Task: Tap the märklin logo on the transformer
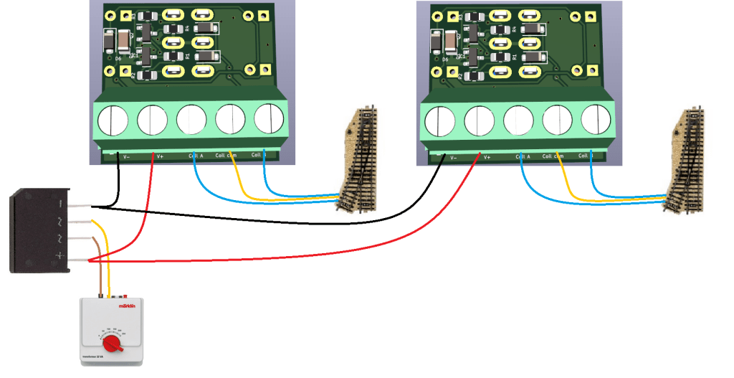(x=127, y=306)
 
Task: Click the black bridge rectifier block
(x=39, y=231)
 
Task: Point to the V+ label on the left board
(x=159, y=156)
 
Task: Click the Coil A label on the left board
(x=196, y=156)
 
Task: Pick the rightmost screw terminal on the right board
(x=595, y=118)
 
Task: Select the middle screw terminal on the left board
(x=191, y=119)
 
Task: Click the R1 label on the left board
(x=188, y=56)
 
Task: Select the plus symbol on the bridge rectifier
(x=60, y=256)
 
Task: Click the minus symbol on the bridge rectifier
(x=59, y=204)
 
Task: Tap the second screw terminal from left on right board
(x=479, y=119)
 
